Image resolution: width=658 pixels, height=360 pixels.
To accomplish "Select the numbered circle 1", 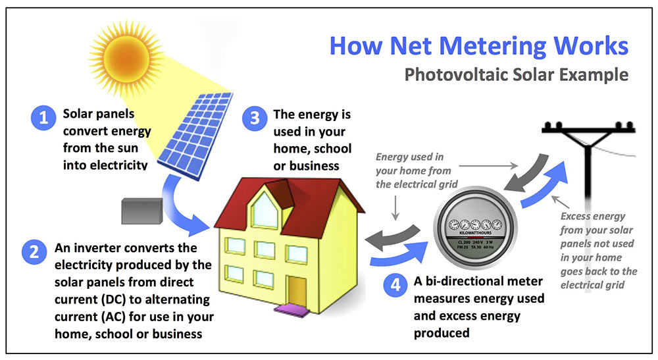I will (x=44, y=118).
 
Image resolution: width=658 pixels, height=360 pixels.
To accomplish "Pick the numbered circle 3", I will (x=252, y=118).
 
